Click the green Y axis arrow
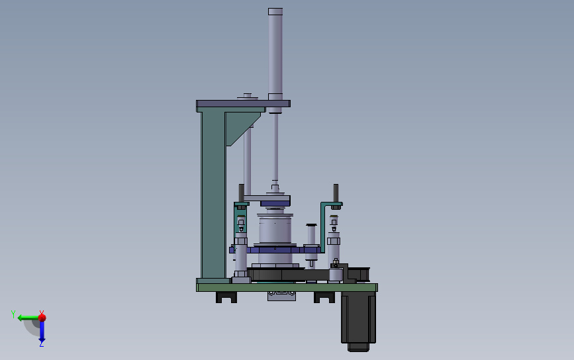[x=26, y=318]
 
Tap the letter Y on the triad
[x=13, y=314]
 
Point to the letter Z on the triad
[x=41, y=345]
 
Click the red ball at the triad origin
[x=42, y=317]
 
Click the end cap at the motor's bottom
[x=358, y=347]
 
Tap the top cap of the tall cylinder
[x=275, y=12]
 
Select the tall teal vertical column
[x=213, y=194]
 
